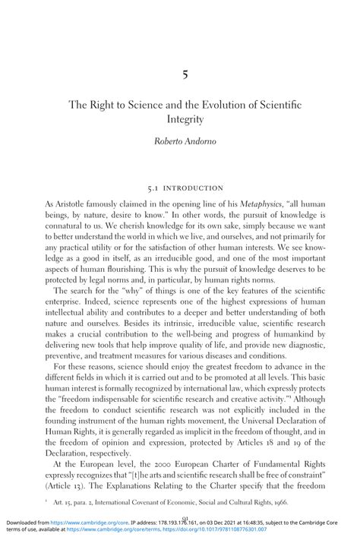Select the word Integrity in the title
click(x=180, y=119)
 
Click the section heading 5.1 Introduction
click(x=180, y=187)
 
